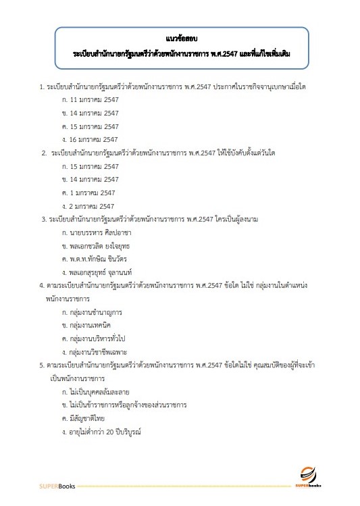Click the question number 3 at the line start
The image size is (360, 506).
pos(43,219)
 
